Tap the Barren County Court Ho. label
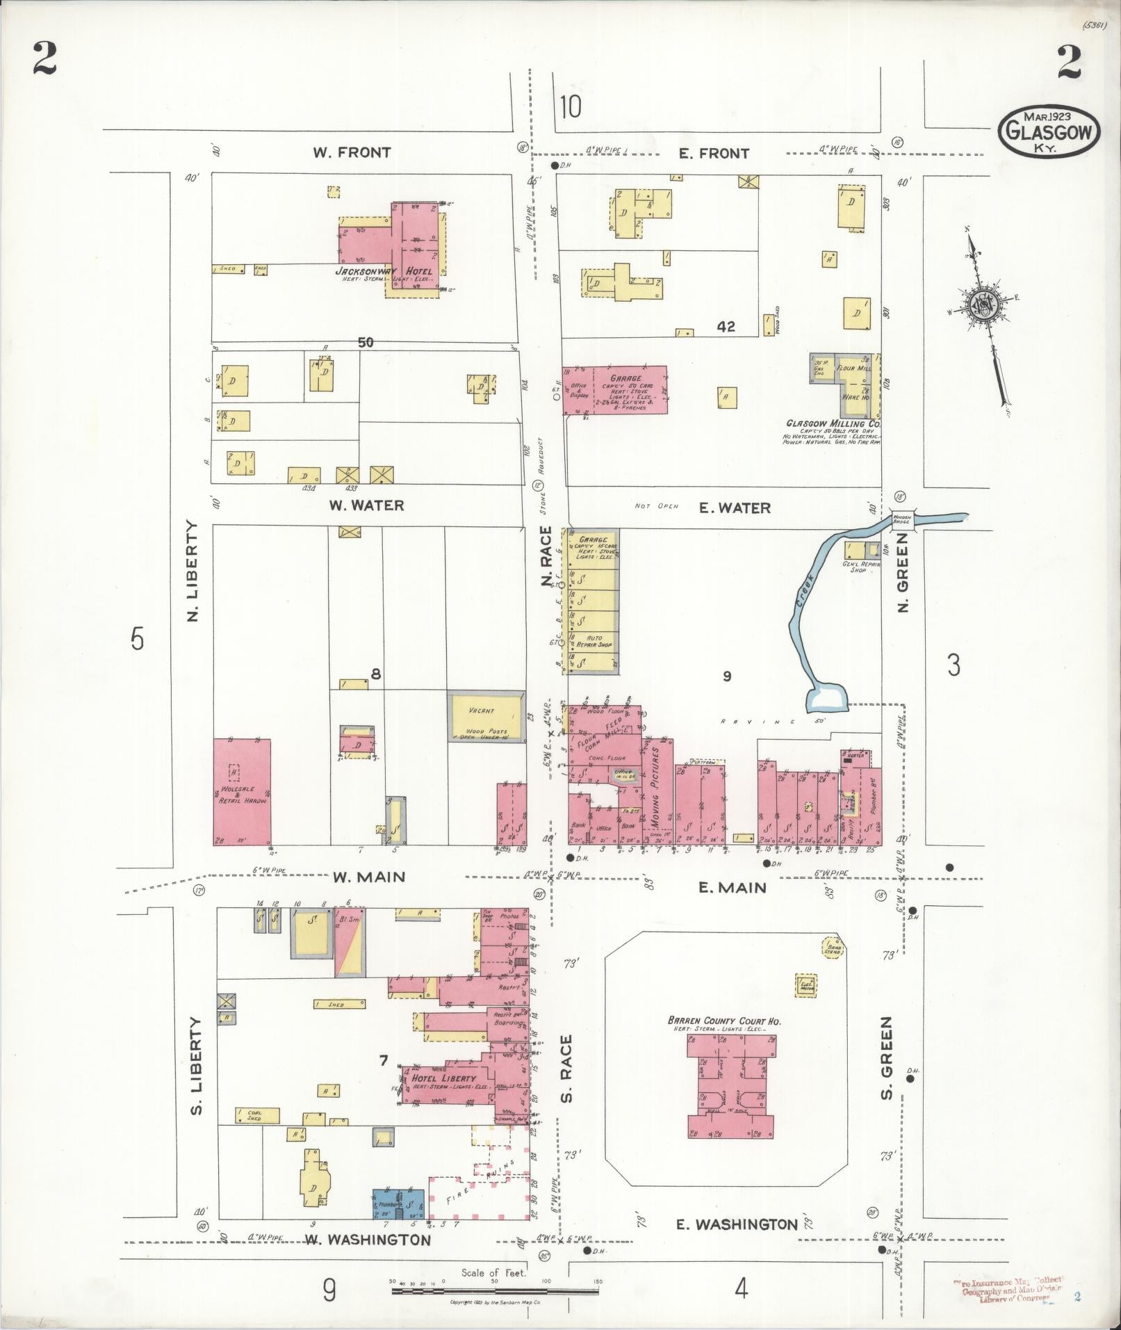click(x=724, y=1021)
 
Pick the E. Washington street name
click(x=737, y=1224)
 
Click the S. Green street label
click(x=885, y=1067)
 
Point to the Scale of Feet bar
click(x=495, y=1290)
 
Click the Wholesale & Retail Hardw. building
click(x=241, y=792)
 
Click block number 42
click(x=726, y=326)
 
